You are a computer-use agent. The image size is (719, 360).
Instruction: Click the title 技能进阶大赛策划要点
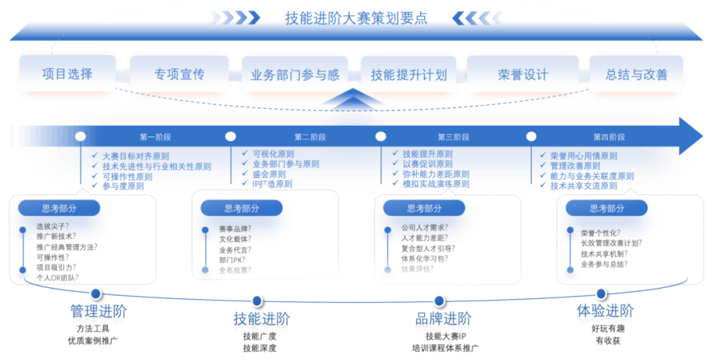pos(356,18)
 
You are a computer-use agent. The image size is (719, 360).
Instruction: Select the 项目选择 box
pos(67,74)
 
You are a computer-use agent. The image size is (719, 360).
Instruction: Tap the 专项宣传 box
pos(179,74)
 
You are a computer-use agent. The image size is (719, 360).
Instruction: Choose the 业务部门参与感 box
pos(295,75)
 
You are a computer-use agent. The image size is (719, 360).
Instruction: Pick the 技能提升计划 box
pos(409,75)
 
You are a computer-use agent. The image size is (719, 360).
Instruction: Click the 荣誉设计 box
pos(523,75)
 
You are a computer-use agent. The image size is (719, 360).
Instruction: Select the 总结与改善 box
pos(636,75)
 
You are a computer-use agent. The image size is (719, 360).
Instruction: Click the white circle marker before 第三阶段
pos(381,136)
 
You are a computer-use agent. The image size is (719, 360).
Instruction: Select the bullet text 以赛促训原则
pos(427,164)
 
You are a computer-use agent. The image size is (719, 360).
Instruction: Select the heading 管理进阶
pos(98,311)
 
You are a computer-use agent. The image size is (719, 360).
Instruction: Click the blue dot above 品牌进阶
pos(439,301)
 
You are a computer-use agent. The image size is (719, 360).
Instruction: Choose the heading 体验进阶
pos(604,311)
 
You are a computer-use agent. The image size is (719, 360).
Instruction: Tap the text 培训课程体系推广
pos(445,348)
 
